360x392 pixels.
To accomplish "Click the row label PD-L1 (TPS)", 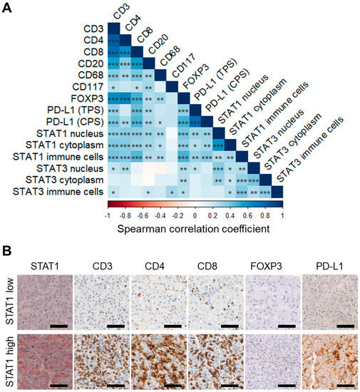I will click(x=71, y=110).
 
